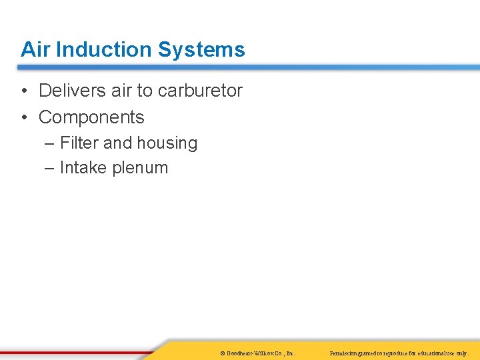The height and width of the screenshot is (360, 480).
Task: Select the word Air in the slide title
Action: pyautogui.click(x=36, y=49)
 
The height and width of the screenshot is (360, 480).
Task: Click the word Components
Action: pyautogui.click(x=91, y=117)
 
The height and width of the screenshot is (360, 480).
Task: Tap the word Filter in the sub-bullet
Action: pyautogui.click(x=79, y=143)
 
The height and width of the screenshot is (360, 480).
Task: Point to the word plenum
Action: pyautogui.click(x=140, y=168)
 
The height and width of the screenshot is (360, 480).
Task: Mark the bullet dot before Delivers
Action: pyautogui.click(x=24, y=91)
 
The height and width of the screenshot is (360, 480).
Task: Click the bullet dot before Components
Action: pyautogui.click(x=24, y=118)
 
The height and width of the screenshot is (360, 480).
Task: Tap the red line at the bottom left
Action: pyautogui.click(x=73, y=351)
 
